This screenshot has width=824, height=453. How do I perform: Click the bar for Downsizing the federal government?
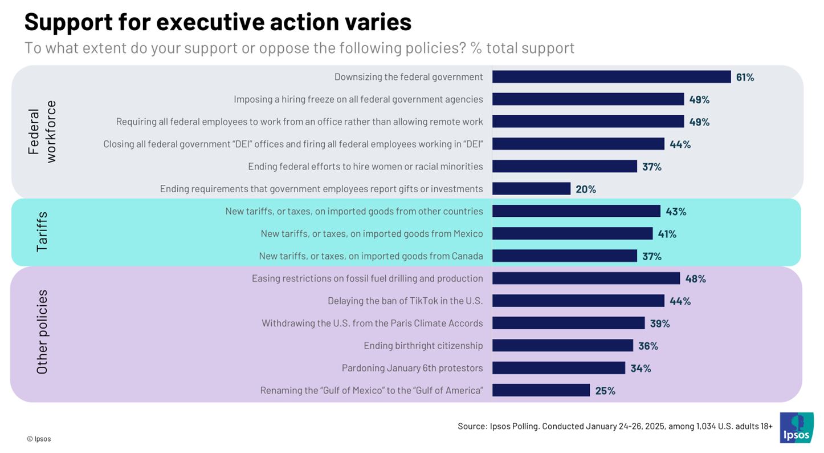pos(611,77)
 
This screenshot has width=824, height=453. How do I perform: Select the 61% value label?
pos(745,77)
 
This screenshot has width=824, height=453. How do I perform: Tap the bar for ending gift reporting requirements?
pos(531,189)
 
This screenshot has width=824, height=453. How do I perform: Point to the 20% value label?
pos(586,189)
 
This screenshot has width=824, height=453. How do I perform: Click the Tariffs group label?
pos(42,232)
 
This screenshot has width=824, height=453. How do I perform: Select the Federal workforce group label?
pos(42,132)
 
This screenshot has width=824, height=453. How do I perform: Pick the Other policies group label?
pos(42,332)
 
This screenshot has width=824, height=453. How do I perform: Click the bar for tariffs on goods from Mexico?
pos(572,233)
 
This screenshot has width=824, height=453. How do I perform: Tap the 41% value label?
pos(667,234)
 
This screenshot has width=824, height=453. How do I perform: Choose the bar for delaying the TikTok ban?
pos(578,301)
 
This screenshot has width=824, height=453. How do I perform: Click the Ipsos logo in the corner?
pos(796,427)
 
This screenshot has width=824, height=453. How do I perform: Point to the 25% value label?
pos(605,391)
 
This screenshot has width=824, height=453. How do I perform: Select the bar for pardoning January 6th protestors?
pos(558,368)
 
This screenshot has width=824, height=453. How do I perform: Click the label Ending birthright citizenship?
pos(423,346)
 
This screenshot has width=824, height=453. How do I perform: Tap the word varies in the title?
pos(378,22)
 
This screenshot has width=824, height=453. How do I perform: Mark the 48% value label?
pos(695,278)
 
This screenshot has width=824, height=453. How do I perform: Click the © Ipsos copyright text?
pos(39,439)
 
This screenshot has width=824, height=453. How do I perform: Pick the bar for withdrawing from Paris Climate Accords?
pos(568,323)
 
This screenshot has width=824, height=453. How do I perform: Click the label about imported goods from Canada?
pos(370,256)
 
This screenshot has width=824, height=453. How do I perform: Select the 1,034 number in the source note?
pos(707,426)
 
